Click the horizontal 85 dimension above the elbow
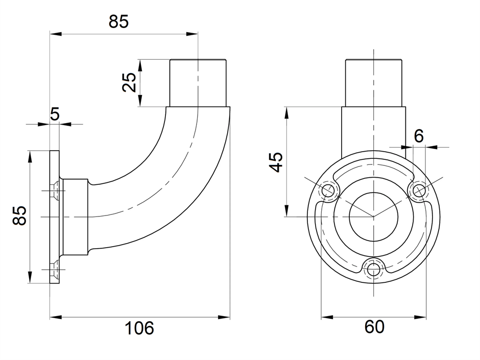point(118,22)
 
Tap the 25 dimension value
point(129,82)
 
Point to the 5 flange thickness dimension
point(55,114)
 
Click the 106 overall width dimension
point(139,328)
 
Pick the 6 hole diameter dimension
point(419,136)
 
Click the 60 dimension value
point(374,327)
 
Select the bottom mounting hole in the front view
point(373,270)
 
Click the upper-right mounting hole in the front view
point(419,191)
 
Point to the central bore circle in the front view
point(373,217)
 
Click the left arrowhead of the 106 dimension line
point(56,317)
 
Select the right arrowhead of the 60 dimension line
point(420,317)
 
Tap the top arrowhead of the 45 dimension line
point(286,113)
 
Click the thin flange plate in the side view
point(55,217)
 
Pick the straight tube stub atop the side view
point(198,83)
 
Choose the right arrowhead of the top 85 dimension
point(192,34)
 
